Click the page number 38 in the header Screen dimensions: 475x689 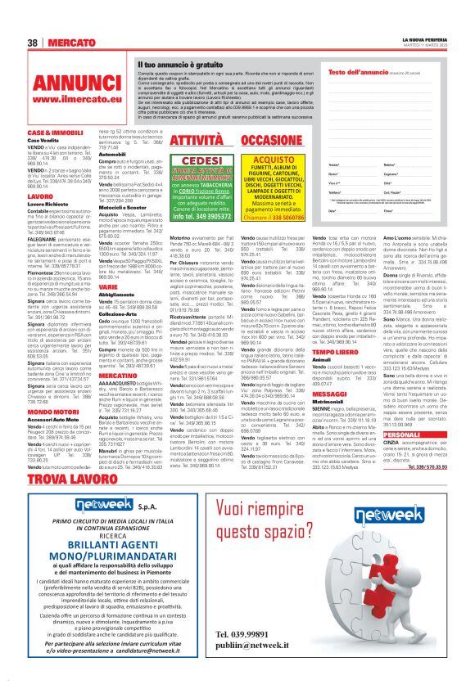[x=34, y=43]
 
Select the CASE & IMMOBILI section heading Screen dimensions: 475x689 [x=56, y=132]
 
